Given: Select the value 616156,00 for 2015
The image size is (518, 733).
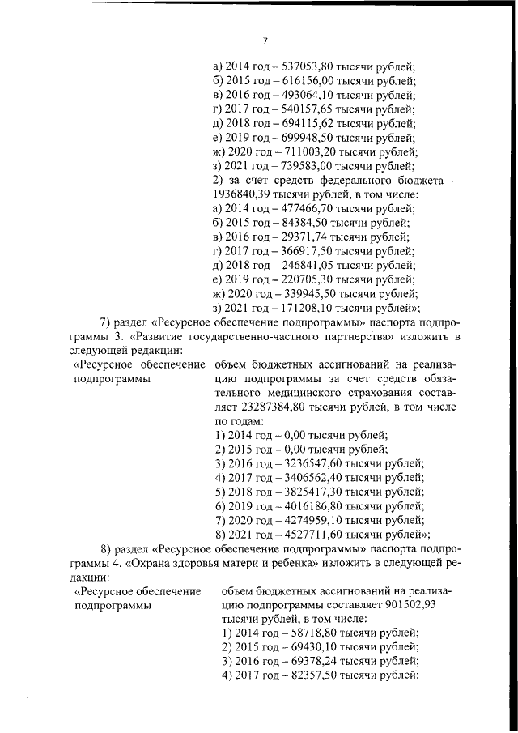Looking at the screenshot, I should tap(308, 82).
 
